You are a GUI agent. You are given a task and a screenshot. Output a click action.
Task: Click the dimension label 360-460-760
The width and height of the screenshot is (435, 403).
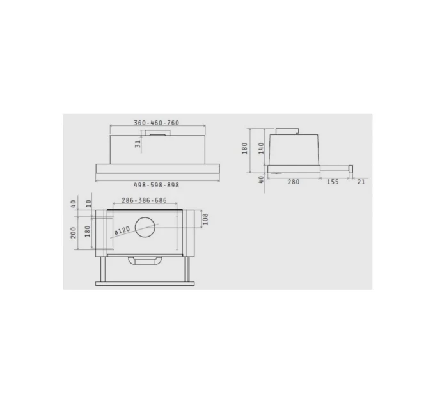pyautogui.click(x=157, y=123)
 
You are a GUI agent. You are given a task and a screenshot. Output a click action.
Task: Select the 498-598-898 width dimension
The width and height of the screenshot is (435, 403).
pyautogui.click(x=157, y=185)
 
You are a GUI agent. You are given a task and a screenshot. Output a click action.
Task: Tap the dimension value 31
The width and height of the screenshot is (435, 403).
pyautogui.click(x=138, y=144)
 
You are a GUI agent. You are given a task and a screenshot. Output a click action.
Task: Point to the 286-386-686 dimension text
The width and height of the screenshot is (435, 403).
pyautogui.click(x=144, y=200)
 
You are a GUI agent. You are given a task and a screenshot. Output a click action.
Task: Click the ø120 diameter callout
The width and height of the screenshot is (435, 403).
pyautogui.click(x=122, y=230)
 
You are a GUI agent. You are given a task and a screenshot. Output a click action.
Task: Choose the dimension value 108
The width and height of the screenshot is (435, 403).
pyautogui.click(x=205, y=219)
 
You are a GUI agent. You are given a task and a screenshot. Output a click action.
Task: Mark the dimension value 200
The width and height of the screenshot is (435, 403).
pyautogui.click(x=73, y=233)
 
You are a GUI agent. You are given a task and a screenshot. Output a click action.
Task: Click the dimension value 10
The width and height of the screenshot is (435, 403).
pyautogui.click(x=88, y=203)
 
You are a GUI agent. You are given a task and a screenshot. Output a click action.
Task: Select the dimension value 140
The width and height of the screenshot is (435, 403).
pyautogui.click(x=261, y=148)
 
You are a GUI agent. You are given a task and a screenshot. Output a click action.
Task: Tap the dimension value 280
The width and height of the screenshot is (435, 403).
pyautogui.click(x=294, y=182)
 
